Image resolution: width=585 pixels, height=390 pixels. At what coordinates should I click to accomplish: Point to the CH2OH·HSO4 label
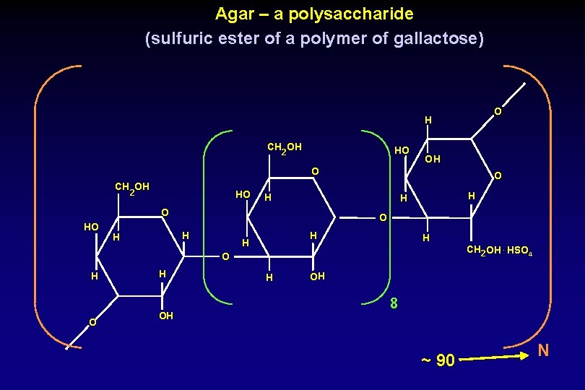(500, 251)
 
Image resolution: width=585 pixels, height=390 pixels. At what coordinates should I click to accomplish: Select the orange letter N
(543, 351)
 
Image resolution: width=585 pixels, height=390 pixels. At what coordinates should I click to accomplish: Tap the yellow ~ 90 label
(438, 360)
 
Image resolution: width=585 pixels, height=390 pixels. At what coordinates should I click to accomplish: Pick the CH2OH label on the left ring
(132, 188)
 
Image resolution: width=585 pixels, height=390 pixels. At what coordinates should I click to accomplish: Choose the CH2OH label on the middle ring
(284, 148)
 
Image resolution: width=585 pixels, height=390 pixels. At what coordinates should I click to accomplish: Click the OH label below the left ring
(165, 316)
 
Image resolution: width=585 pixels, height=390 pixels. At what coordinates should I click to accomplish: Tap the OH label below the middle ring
(318, 277)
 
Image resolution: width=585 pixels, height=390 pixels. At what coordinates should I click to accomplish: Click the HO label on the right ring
(402, 150)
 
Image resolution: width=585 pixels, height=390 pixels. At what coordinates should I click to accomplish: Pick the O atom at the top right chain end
(498, 112)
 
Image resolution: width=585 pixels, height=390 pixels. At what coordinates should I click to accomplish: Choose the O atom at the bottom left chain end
(92, 322)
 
